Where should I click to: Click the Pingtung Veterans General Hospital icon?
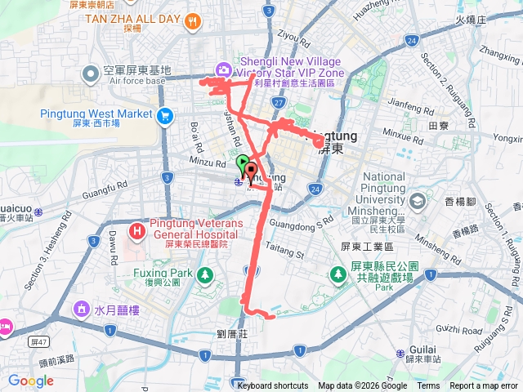click(x=136, y=232)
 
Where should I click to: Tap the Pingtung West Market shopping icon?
click(x=167, y=115)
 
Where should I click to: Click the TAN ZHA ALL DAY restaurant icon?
click(x=194, y=21)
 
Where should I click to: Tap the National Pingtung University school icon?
click(x=418, y=200)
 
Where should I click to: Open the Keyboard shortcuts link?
click(x=274, y=386)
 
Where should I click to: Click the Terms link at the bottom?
click(x=428, y=386)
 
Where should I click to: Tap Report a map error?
click(x=484, y=386)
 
